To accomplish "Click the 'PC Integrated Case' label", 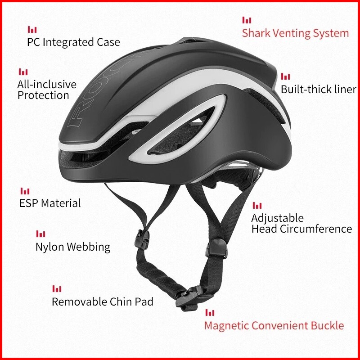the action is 73,42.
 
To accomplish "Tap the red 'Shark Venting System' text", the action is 295,33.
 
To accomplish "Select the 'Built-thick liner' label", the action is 319,89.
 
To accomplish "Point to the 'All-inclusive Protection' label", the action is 47,90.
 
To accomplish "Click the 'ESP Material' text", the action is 50,203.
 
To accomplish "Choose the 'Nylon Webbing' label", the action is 73,247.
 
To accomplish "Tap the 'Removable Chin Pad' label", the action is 103,301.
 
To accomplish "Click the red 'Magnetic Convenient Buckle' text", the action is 274,325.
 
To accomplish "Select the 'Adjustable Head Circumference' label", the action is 301,224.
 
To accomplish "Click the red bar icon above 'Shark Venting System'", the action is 247,20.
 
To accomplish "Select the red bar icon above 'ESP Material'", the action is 25,191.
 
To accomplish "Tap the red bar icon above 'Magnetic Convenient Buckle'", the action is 210,313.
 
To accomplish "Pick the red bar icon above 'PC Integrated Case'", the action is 32,30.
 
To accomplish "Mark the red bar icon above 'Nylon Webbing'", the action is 40,234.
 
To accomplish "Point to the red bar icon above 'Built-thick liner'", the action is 285,76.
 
